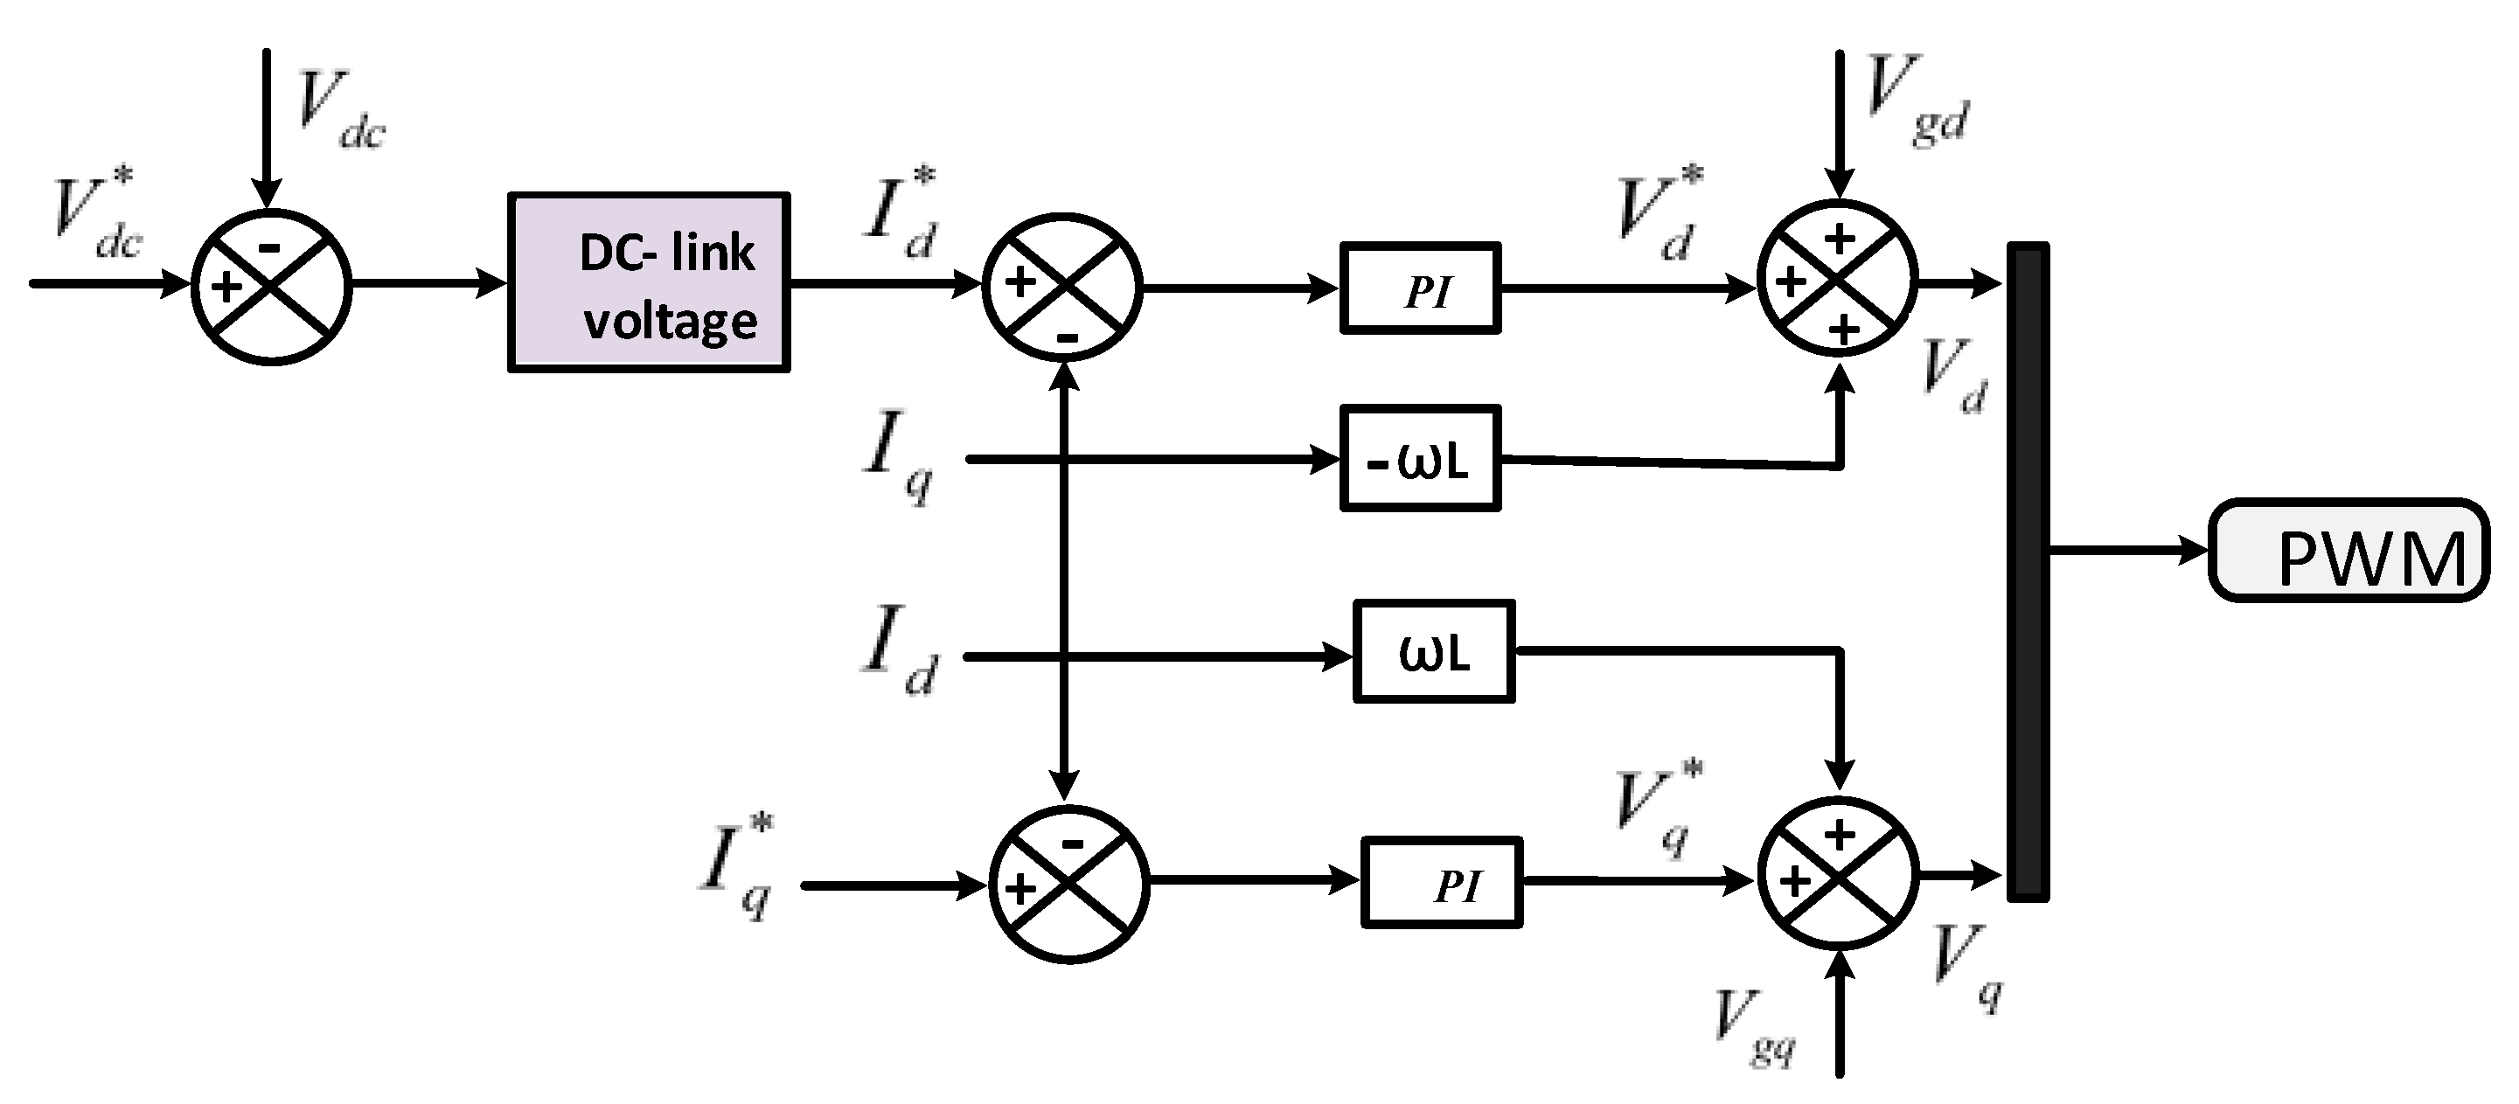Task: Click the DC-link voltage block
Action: tap(648, 282)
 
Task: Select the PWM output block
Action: tap(2349, 551)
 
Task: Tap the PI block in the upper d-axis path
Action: tap(1420, 288)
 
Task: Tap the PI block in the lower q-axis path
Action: tap(1442, 882)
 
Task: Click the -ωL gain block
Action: tap(1420, 459)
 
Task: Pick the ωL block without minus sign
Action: tap(1434, 651)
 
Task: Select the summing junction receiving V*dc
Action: tap(272, 287)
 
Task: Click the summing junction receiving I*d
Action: tap(1062, 288)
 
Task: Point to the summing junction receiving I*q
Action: tap(1068, 884)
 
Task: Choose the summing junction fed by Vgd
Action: tap(1839, 281)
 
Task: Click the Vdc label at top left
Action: tap(340, 109)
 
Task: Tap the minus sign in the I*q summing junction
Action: tap(1072, 844)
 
